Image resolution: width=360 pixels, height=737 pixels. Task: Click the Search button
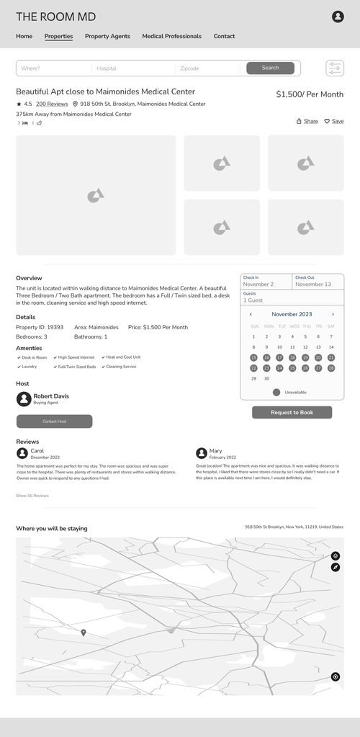point(270,68)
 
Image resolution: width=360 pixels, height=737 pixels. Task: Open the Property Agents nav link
point(107,36)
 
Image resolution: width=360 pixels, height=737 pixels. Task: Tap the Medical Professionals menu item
point(171,36)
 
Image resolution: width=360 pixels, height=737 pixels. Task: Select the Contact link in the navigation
point(224,36)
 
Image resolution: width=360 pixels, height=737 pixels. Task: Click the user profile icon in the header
point(338,17)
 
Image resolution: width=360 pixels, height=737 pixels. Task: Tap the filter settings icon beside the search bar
point(335,68)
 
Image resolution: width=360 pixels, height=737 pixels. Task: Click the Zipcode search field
point(207,68)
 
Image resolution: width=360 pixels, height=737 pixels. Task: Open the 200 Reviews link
point(52,104)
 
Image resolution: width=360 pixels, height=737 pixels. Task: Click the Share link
point(307,121)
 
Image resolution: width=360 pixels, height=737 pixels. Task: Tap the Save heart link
point(334,121)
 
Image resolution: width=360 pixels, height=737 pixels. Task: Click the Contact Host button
point(54,421)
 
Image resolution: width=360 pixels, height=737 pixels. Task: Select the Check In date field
point(266,281)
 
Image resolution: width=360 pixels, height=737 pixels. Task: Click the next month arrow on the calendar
point(333,314)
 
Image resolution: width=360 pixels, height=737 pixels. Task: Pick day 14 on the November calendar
point(331,347)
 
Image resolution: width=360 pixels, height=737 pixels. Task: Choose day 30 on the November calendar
point(266,378)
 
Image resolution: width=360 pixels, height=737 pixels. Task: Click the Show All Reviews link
point(32,496)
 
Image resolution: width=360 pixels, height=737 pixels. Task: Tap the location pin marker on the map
point(84,633)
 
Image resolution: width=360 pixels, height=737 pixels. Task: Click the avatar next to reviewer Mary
point(202,453)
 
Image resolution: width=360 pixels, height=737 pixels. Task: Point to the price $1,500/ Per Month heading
point(310,94)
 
